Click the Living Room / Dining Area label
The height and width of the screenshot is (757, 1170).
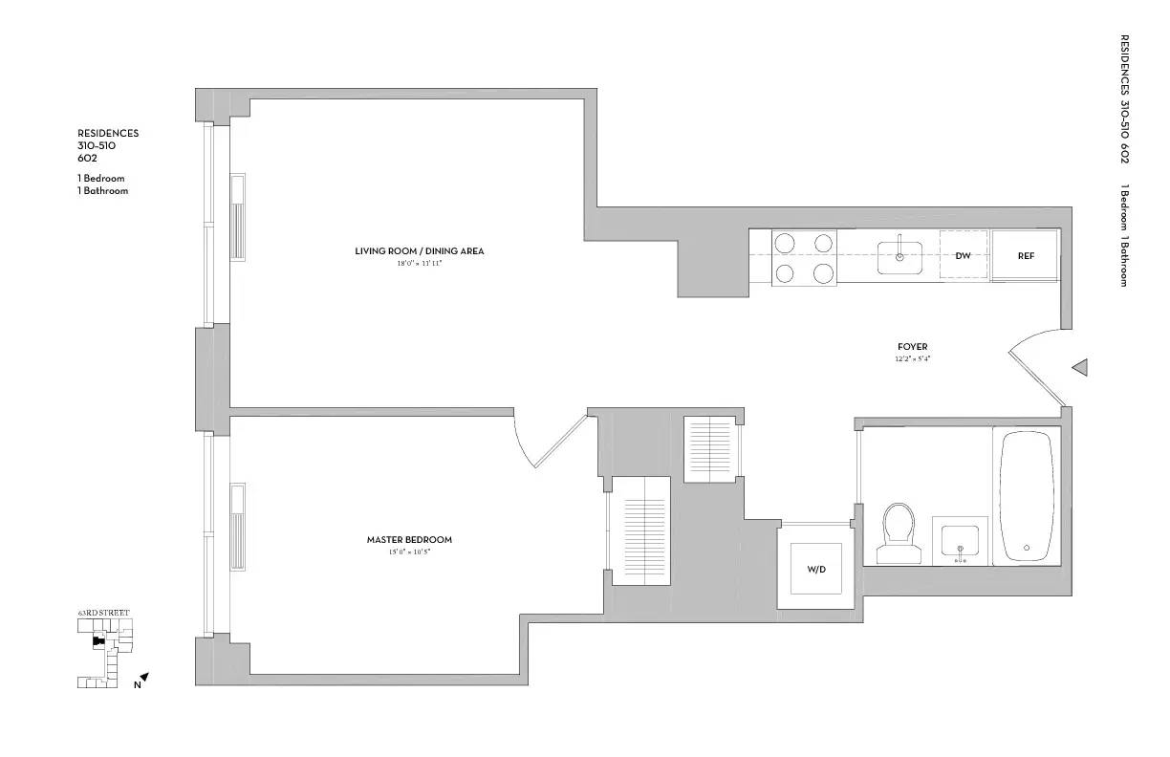click(419, 251)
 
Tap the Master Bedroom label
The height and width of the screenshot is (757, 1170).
click(409, 540)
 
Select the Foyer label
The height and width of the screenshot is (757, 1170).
click(912, 347)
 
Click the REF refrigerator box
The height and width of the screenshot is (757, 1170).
click(1025, 256)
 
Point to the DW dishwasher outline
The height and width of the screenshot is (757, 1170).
click(964, 256)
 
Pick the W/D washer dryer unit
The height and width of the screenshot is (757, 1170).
click(815, 569)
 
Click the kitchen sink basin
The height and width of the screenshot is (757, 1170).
click(899, 257)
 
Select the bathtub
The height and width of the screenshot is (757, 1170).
click(1027, 496)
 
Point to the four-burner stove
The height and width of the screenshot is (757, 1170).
click(804, 258)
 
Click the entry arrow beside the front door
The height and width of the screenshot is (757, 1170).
click(1080, 367)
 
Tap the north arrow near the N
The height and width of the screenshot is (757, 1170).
click(144, 678)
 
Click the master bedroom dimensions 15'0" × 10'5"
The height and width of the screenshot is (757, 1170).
click(409, 552)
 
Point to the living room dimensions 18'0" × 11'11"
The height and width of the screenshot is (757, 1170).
click(419, 263)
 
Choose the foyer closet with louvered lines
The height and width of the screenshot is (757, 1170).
click(711, 449)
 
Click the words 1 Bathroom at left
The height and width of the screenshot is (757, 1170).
click(103, 190)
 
